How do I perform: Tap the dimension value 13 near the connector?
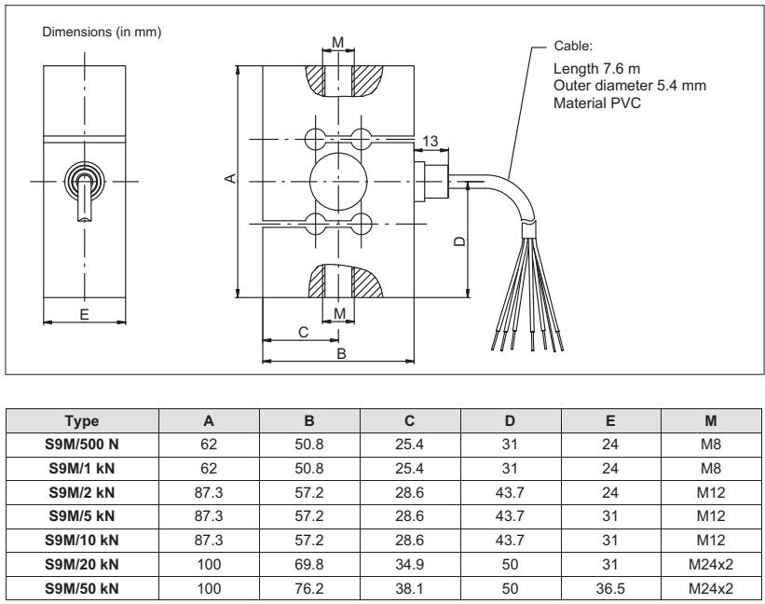click(430, 141)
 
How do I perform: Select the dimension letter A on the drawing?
click(232, 177)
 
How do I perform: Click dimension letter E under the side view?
click(84, 314)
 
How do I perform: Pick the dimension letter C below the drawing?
click(302, 332)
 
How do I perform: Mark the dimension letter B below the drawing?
click(341, 353)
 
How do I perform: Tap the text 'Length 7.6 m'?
click(596, 70)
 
